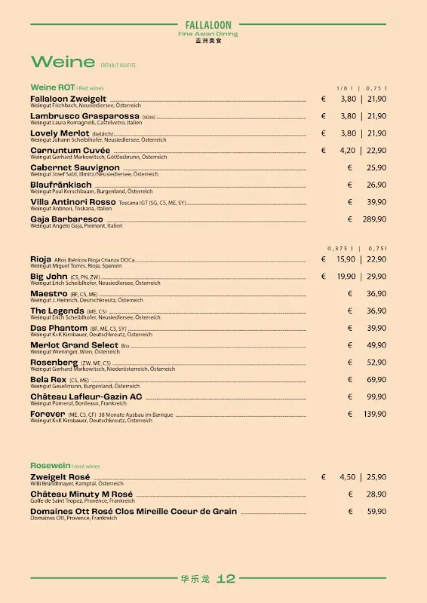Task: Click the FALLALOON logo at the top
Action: point(208,25)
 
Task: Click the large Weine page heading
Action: point(63,63)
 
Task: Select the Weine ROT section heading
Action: point(52,87)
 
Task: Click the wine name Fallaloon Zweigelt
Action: point(68,99)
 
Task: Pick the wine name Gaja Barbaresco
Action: point(66,219)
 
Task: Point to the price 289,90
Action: point(374,219)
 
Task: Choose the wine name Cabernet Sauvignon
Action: point(75,167)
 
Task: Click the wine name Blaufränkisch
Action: point(61,185)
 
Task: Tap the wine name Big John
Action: point(49,277)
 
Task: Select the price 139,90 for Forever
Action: point(374,414)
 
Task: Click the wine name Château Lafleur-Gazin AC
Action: point(86,396)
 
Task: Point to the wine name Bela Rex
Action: point(49,380)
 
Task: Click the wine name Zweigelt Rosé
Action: point(60,477)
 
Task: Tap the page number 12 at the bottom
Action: point(226,579)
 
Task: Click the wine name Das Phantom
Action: point(59,328)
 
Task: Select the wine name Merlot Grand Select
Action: point(74,345)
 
